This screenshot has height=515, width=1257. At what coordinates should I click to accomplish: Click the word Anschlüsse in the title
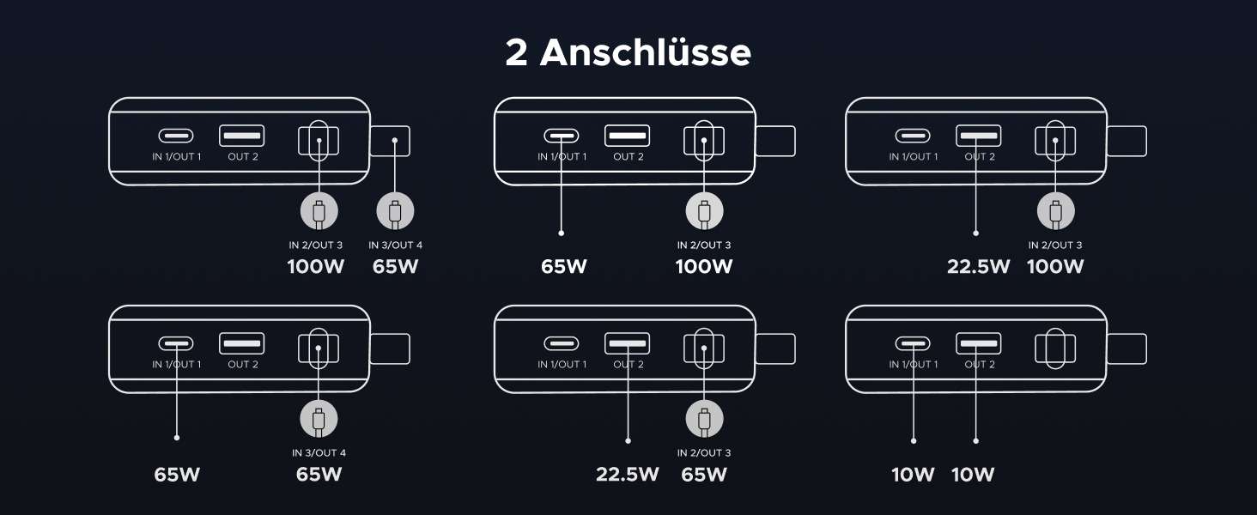click(x=645, y=53)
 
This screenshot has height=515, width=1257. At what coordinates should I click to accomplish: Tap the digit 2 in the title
click(x=516, y=53)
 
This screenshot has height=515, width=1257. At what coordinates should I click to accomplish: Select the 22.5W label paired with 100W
click(x=978, y=266)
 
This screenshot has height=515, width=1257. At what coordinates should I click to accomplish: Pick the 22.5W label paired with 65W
click(x=628, y=474)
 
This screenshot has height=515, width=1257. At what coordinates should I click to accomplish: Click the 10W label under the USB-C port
click(x=913, y=474)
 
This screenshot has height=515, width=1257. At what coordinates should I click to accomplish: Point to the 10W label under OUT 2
click(x=973, y=474)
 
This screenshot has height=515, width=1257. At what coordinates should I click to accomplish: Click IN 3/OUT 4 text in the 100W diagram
click(x=395, y=245)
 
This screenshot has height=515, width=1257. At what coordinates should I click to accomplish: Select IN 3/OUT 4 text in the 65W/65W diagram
click(x=319, y=453)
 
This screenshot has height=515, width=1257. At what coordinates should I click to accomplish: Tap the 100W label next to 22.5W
click(x=1055, y=266)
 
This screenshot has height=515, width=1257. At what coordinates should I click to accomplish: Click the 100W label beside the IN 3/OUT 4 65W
click(x=315, y=266)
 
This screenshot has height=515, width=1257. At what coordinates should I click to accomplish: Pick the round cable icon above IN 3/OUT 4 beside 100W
click(x=395, y=211)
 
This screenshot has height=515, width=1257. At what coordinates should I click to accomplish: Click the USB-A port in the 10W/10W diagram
click(x=978, y=344)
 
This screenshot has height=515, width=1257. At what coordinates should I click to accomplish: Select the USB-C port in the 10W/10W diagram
click(x=913, y=344)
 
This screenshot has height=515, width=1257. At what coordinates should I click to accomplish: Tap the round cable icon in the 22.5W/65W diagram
click(x=704, y=420)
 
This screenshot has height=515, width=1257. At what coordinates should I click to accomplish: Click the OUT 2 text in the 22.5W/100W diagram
click(x=980, y=157)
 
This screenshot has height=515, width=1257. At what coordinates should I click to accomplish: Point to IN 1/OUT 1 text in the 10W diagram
click(x=914, y=365)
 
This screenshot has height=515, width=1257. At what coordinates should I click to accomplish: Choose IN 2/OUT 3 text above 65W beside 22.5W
click(x=704, y=453)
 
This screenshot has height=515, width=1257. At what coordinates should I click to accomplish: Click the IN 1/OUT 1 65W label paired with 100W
click(x=564, y=266)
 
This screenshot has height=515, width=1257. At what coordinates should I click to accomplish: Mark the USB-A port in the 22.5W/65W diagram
click(x=627, y=344)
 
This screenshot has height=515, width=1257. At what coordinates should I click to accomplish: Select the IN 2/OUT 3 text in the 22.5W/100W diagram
click(x=1055, y=245)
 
